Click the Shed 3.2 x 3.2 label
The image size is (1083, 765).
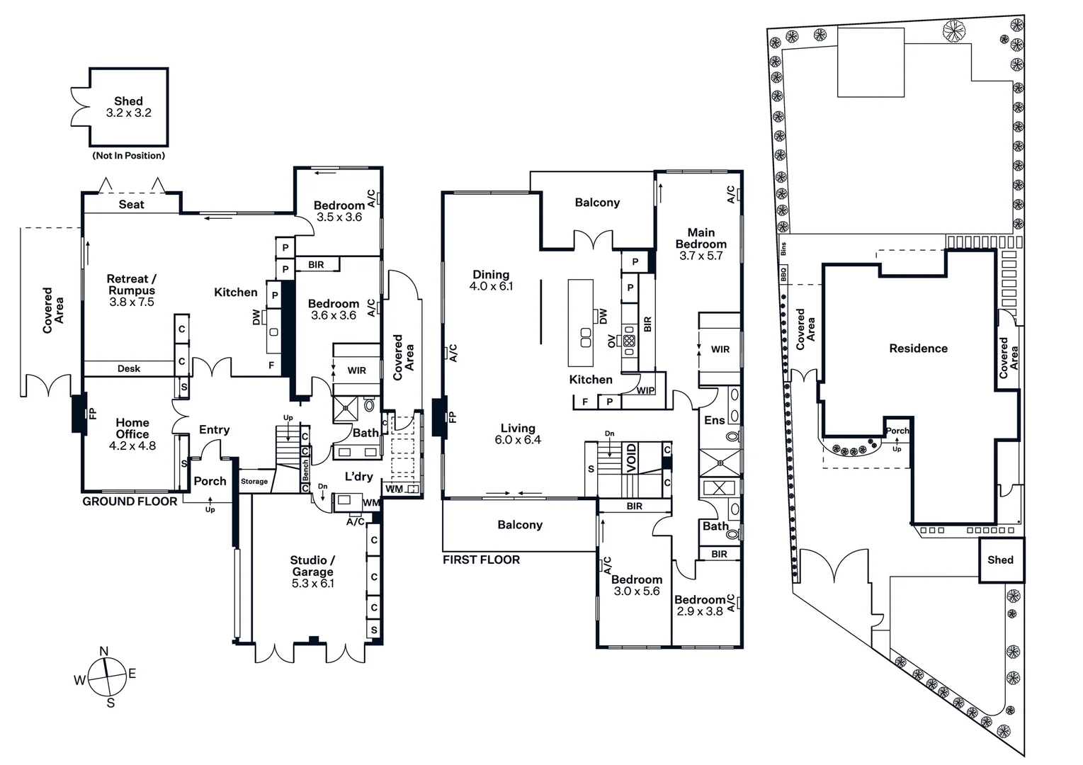(x=128, y=107)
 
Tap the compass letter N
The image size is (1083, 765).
(x=104, y=652)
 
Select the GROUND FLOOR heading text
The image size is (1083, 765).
(x=130, y=501)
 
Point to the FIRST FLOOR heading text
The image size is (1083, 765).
(x=481, y=560)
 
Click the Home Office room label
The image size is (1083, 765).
(x=132, y=429)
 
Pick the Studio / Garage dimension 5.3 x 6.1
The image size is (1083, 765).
(x=312, y=584)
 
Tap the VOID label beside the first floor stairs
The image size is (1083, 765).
(x=631, y=458)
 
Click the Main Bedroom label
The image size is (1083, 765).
(x=701, y=238)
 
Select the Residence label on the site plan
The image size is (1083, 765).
(x=918, y=348)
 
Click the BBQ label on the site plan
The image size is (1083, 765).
(x=783, y=274)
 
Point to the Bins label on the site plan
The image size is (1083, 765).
(x=783, y=249)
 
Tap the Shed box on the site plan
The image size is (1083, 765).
(x=1001, y=560)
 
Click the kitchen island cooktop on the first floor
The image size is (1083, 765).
(x=586, y=338)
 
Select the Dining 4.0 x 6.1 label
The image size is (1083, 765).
(x=491, y=280)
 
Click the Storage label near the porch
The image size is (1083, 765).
(x=254, y=482)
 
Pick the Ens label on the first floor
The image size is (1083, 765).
(x=714, y=420)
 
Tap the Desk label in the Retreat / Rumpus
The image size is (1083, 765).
(x=129, y=368)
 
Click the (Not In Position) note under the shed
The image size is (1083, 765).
(x=129, y=156)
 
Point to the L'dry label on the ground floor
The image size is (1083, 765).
(x=358, y=477)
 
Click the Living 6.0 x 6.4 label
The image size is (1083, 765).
(x=518, y=433)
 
